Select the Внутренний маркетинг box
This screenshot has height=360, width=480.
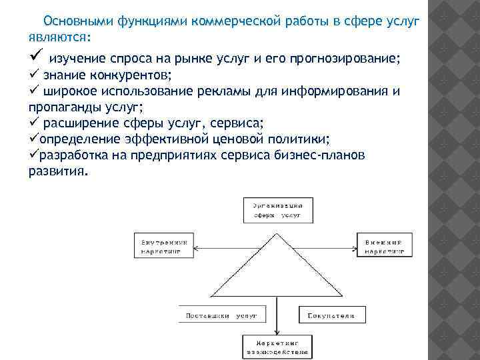coord(164,246)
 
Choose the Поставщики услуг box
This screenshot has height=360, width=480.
coord(217,314)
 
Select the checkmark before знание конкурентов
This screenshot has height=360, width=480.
coord(35,73)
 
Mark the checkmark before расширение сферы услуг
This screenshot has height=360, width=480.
coord(35,122)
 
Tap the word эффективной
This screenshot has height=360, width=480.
coord(167,139)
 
